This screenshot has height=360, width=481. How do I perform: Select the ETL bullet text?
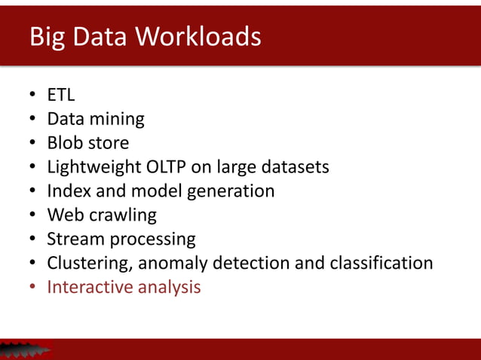(61, 95)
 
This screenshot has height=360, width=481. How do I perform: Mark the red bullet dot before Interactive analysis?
(33, 288)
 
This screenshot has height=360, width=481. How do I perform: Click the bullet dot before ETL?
(33, 96)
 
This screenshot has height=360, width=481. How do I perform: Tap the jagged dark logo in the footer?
(24, 349)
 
